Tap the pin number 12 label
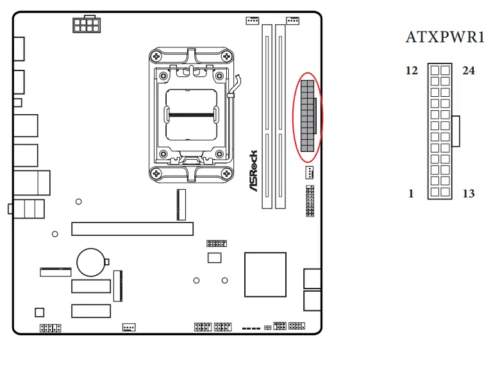[412, 71]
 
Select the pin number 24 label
[469, 71]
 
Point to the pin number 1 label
[412, 193]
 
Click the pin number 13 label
[469, 193]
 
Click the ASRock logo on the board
[253, 172]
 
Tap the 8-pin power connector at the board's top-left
[87, 25]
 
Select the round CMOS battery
[92, 262]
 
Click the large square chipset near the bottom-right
[265, 274]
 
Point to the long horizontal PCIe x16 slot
[132, 228]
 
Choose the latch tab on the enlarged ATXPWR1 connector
[456, 131]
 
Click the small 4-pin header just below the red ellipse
[309, 172]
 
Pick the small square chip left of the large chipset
[213, 258]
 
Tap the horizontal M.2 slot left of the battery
[56, 272]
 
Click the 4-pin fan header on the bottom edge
[129, 327]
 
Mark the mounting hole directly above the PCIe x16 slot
[78, 202]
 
